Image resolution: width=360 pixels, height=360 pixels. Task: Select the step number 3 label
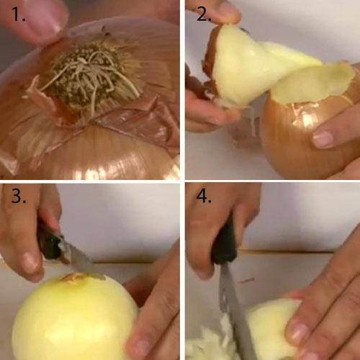(17, 196)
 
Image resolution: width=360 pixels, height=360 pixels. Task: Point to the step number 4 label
(204, 196)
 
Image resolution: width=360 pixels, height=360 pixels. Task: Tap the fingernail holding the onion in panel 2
(323, 139)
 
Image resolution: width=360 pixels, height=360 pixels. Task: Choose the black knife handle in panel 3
(49, 241)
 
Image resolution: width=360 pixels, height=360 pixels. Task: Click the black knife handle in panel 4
(224, 245)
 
